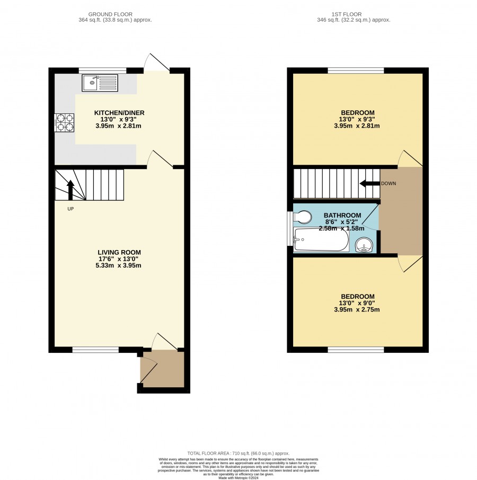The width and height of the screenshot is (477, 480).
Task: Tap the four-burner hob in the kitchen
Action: pos(64,122)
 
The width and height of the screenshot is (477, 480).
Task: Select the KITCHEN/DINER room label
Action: pos(119,113)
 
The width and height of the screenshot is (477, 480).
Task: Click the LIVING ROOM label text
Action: pos(119,252)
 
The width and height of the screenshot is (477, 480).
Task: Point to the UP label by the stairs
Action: pos(70,209)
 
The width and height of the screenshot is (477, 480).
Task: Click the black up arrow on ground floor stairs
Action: pos(70,190)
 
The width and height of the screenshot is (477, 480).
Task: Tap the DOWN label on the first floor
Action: pos(388,183)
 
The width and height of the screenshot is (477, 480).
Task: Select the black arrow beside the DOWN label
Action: pos(369,183)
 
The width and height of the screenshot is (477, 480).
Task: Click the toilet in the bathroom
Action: pos(303,217)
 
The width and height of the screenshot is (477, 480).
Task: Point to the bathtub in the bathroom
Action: pos(321,239)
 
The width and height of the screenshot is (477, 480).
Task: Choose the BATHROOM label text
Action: pos(342,215)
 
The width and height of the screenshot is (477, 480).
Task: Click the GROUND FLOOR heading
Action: pos(110,14)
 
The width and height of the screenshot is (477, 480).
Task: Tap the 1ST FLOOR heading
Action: pos(346,14)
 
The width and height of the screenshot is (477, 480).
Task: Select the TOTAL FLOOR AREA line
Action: pos(238,454)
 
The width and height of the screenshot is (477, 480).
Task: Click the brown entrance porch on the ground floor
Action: pos(162,369)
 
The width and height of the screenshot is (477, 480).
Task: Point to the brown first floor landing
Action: pos(401,211)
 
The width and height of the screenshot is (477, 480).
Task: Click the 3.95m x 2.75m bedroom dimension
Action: pos(357,309)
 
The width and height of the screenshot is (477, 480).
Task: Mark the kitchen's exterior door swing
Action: pos(157,62)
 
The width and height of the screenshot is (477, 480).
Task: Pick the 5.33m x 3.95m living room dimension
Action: pos(119,265)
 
